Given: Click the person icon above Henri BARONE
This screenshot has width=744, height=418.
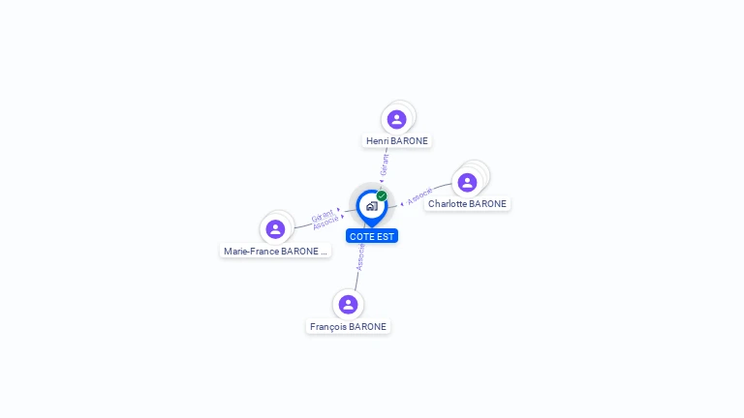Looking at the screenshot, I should [x=396, y=119].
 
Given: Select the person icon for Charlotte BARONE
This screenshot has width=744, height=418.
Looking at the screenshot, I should [x=467, y=183].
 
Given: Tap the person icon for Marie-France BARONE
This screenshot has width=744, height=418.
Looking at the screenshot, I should [x=275, y=229].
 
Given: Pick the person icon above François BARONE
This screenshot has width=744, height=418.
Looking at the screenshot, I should [x=348, y=305].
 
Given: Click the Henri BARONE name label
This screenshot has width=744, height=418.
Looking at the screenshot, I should [x=397, y=141].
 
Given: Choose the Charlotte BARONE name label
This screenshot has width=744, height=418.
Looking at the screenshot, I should [x=467, y=204].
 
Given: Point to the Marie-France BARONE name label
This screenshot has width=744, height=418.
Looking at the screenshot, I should [x=276, y=252].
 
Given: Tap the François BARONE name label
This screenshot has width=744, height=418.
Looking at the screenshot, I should [x=348, y=327].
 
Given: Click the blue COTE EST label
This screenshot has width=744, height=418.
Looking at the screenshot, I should [x=372, y=236].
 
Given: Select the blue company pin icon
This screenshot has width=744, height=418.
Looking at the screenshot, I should [x=371, y=206].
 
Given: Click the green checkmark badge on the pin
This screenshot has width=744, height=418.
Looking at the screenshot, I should [x=382, y=195].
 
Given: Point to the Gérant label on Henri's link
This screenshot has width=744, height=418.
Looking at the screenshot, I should [x=385, y=164].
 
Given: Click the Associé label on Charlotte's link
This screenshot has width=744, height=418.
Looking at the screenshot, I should [x=420, y=196].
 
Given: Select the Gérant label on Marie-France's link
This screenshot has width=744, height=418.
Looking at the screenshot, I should [x=323, y=215].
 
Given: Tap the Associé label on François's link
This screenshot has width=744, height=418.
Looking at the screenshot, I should [x=360, y=256].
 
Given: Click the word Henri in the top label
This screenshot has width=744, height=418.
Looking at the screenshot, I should [x=378, y=141].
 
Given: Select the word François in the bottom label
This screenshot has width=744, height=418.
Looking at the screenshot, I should [x=327, y=327].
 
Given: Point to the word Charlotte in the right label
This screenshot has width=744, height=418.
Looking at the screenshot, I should [x=449, y=204].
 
